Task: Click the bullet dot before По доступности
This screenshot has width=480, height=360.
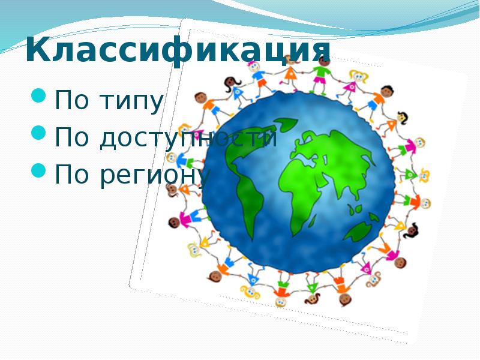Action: tap(38, 133)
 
